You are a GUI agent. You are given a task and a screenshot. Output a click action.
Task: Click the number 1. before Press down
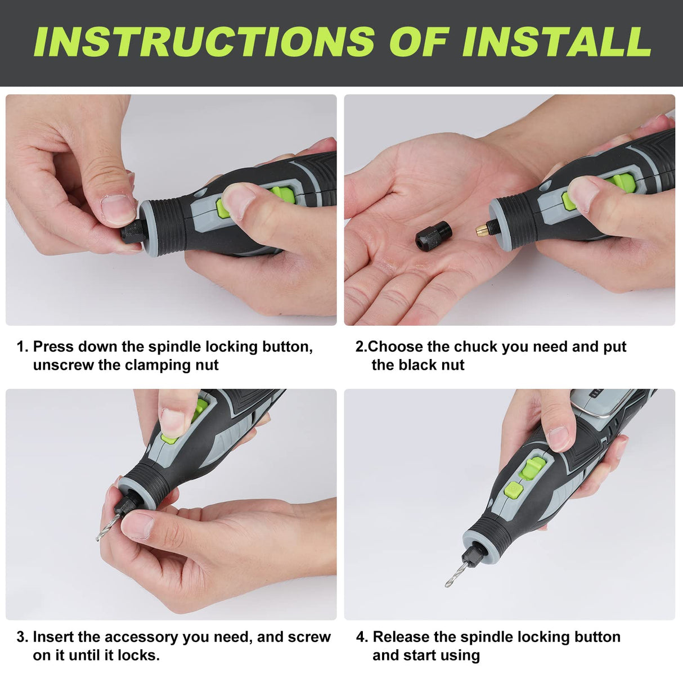coord(22,347)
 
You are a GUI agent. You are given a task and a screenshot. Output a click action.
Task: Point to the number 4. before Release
coord(362,637)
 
